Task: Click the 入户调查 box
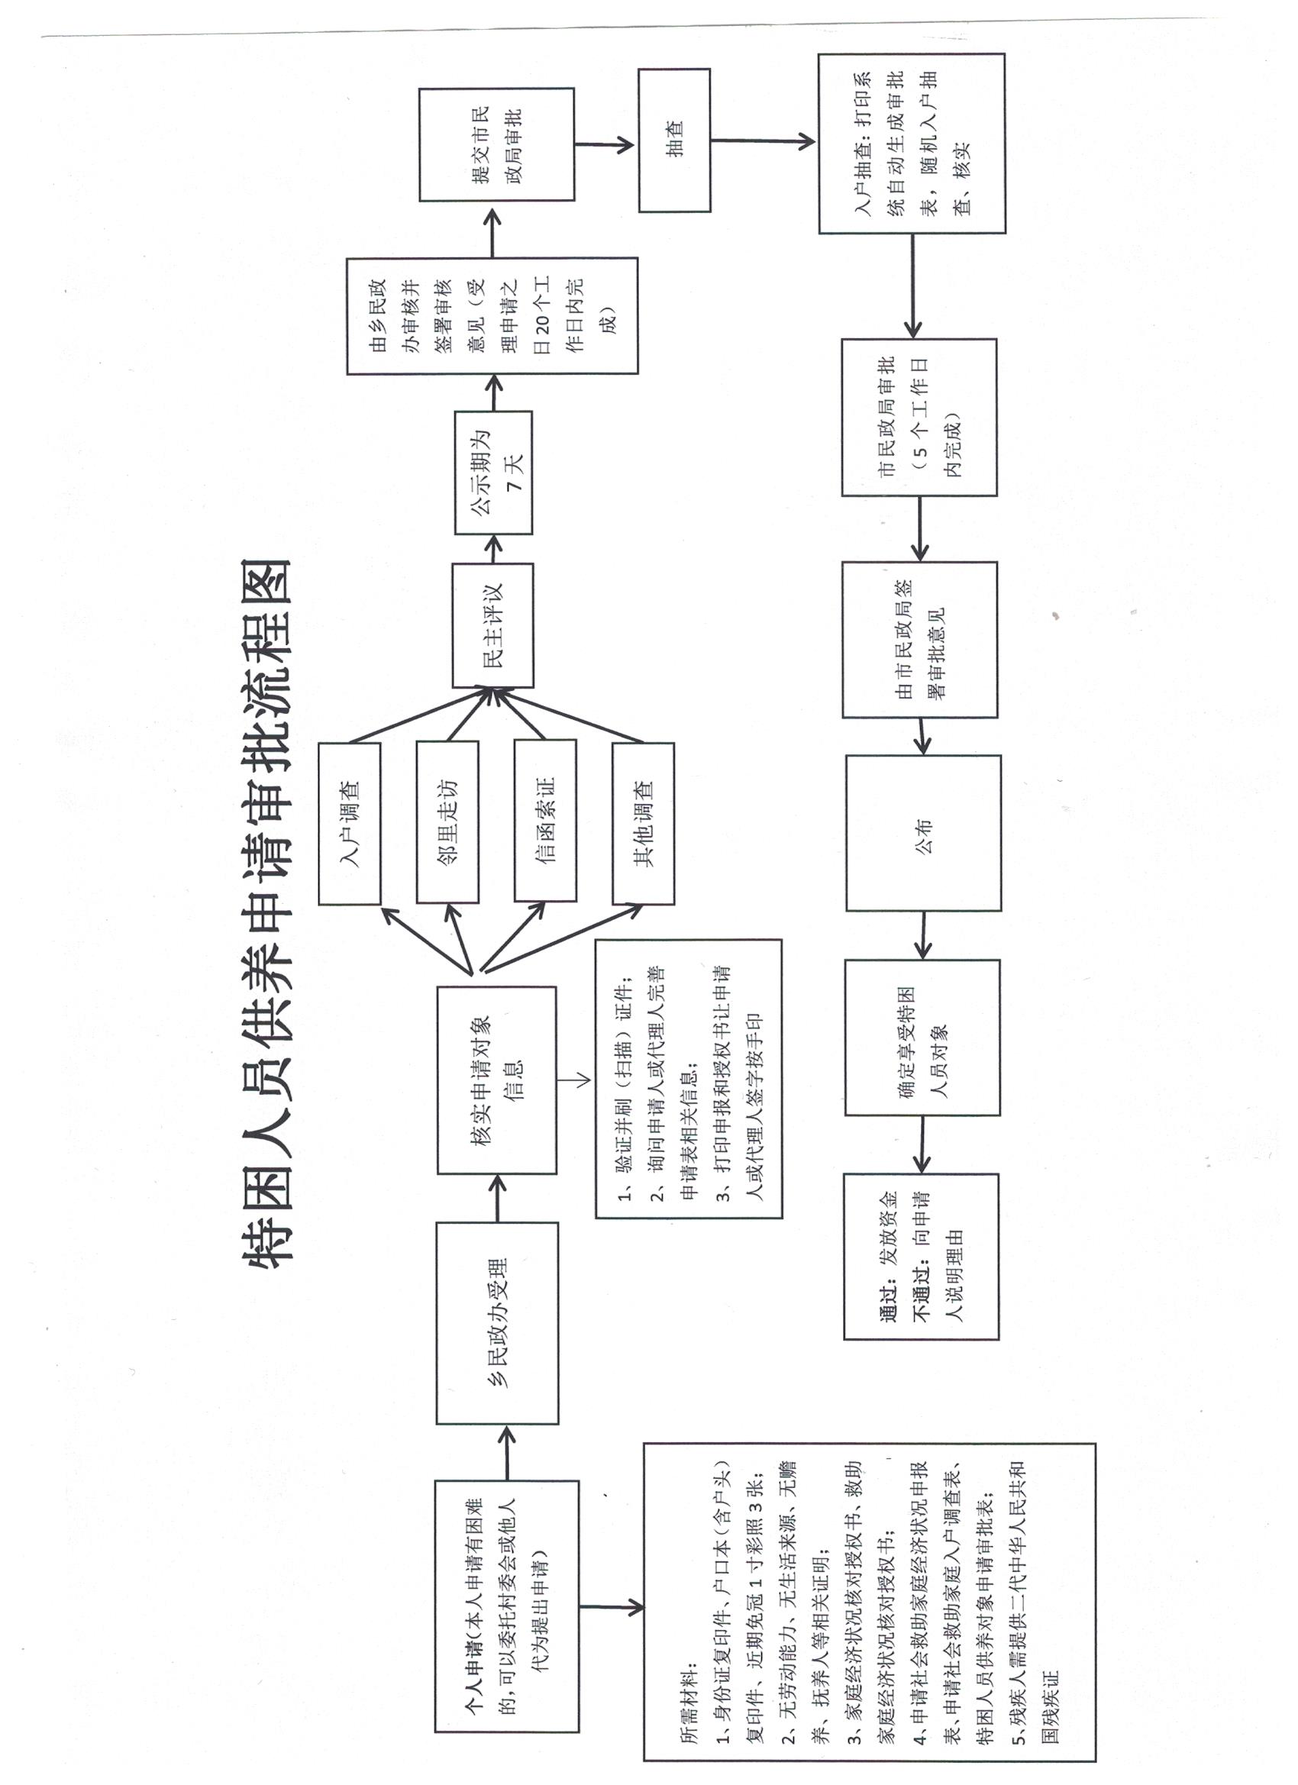tap(350, 823)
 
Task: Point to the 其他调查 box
tap(643, 823)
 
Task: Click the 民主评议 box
tap(492, 625)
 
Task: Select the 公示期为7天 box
tap(493, 473)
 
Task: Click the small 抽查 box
tap(675, 140)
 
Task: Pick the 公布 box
tap(923, 833)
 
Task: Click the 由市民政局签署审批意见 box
tap(920, 640)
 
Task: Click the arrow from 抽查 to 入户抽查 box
tap(764, 142)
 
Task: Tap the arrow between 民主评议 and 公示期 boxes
tap(493, 549)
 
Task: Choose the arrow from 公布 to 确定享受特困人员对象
tap(923, 935)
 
